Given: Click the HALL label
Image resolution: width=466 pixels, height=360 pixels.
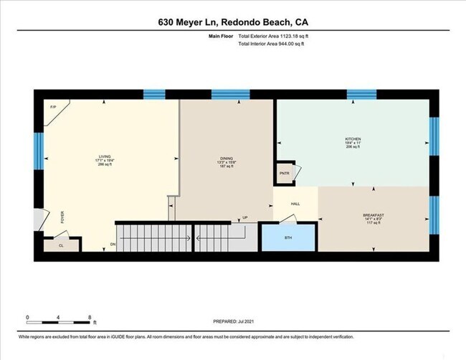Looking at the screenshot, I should click(x=295, y=204).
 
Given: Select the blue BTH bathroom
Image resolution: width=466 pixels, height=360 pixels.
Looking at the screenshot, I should click(x=287, y=237).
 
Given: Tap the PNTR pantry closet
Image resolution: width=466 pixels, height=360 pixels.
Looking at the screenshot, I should click(x=285, y=174).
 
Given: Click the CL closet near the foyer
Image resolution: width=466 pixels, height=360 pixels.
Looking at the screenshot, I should click(x=61, y=245).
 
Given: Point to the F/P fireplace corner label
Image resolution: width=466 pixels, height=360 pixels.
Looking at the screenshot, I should click(x=53, y=108).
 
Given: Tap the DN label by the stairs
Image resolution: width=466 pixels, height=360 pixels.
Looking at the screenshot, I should click(x=113, y=245).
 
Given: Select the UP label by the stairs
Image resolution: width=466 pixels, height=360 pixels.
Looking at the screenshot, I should click(x=244, y=217).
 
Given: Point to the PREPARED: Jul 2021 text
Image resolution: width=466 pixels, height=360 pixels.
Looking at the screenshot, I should click(x=233, y=321).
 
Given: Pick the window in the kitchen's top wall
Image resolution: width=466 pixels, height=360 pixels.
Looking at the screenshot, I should click(x=361, y=94).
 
